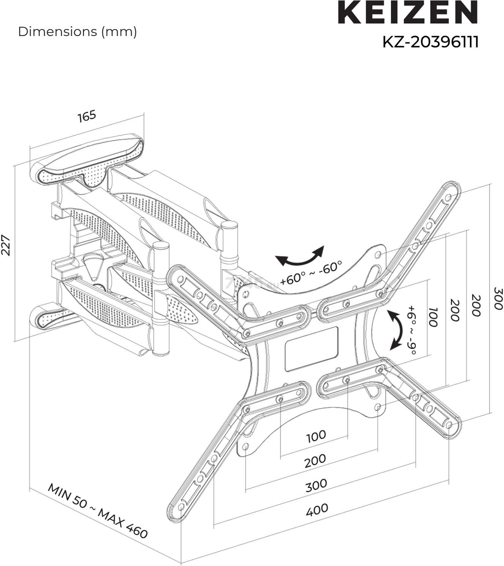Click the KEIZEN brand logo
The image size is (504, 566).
(x=408, y=13)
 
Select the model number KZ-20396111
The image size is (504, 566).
(x=430, y=42)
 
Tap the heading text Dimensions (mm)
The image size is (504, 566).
(x=77, y=32)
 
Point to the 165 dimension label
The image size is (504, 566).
(x=87, y=116)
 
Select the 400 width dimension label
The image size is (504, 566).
(x=317, y=509)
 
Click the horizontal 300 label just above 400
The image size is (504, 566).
(x=316, y=485)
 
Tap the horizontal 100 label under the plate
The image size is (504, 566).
(x=316, y=436)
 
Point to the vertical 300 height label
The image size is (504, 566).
(x=498, y=299)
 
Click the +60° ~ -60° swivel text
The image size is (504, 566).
(x=311, y=273)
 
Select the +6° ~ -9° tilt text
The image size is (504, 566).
(x=411, y=330)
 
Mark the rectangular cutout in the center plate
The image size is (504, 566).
(x=311, y=349)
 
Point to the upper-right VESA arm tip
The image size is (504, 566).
(x=451, y=190)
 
